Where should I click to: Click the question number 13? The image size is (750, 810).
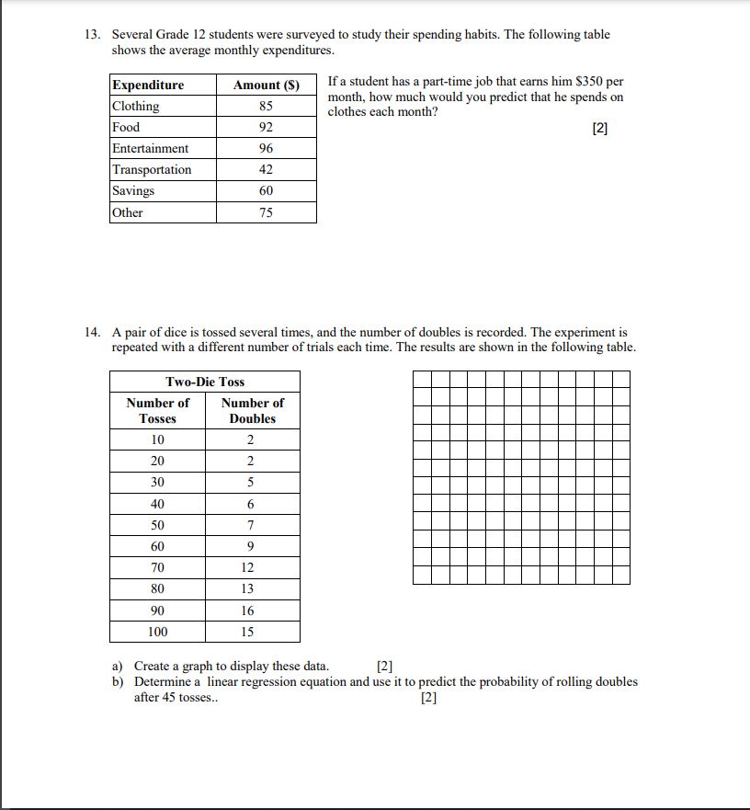coord(91,35)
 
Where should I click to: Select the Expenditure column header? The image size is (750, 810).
coord(148,85)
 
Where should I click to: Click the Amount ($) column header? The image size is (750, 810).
coord(267,85)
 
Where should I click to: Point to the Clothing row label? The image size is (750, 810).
coord(136,106)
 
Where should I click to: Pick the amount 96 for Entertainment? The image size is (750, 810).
coord(267,148)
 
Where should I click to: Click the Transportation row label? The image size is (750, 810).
coord(152,169)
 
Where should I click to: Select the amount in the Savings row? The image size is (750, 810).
coord(267,190)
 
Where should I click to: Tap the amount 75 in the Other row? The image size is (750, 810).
coord(267,212)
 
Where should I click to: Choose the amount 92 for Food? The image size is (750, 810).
coord(267,127)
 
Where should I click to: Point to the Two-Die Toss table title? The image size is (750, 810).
coord(205,382)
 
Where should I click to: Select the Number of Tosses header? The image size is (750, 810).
coord(158,410)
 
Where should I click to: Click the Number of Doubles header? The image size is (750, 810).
coord(253,410)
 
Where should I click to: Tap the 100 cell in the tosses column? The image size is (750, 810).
coord(158,632)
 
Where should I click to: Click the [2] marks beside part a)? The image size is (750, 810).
coord(385,666)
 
